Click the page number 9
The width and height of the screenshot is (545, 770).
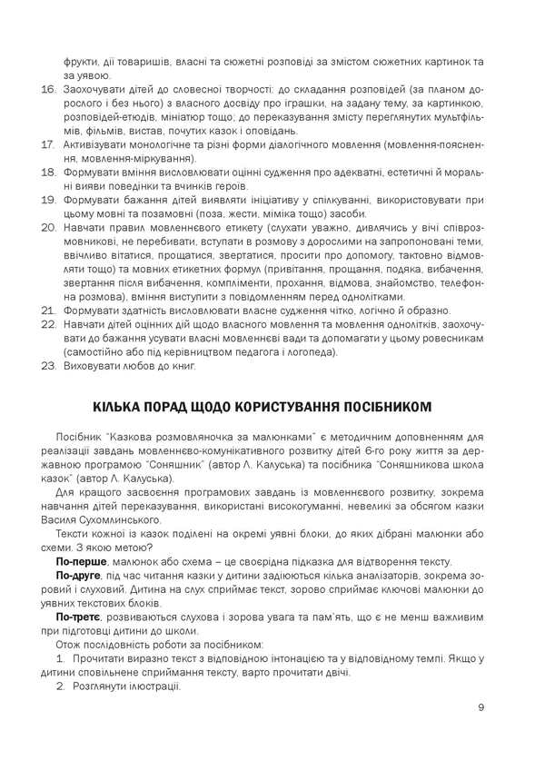pos(481,707)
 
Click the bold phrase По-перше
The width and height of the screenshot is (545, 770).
pos(79,562)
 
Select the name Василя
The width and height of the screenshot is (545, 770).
pos(56,520)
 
